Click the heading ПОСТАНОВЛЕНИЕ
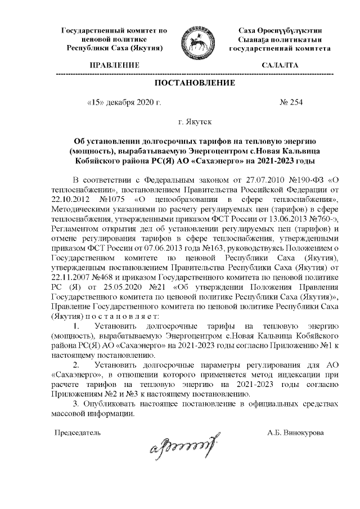pos(195,84)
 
